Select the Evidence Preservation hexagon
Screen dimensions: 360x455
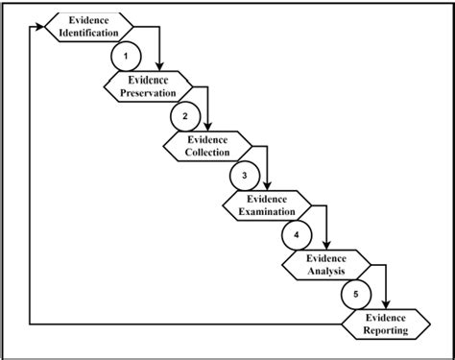tap(147, 86)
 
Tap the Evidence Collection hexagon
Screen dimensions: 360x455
tap(207, 146)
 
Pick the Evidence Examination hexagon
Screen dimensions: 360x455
tap(267, 205)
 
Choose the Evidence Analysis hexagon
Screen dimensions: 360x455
tap(326, 265)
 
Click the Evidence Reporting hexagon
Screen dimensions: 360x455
tap(386, 324)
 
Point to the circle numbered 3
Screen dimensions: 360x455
tap(244, 176)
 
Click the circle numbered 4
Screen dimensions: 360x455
tap(297, 234)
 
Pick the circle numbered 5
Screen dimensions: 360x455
tap(356, 294)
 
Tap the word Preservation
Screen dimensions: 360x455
tap(147, 93)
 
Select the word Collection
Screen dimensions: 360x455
tap(207, 153)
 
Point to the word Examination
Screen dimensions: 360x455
tap(267, 212)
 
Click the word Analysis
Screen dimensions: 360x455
tap(326, 272)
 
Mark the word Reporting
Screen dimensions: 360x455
tap(386, 330)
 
